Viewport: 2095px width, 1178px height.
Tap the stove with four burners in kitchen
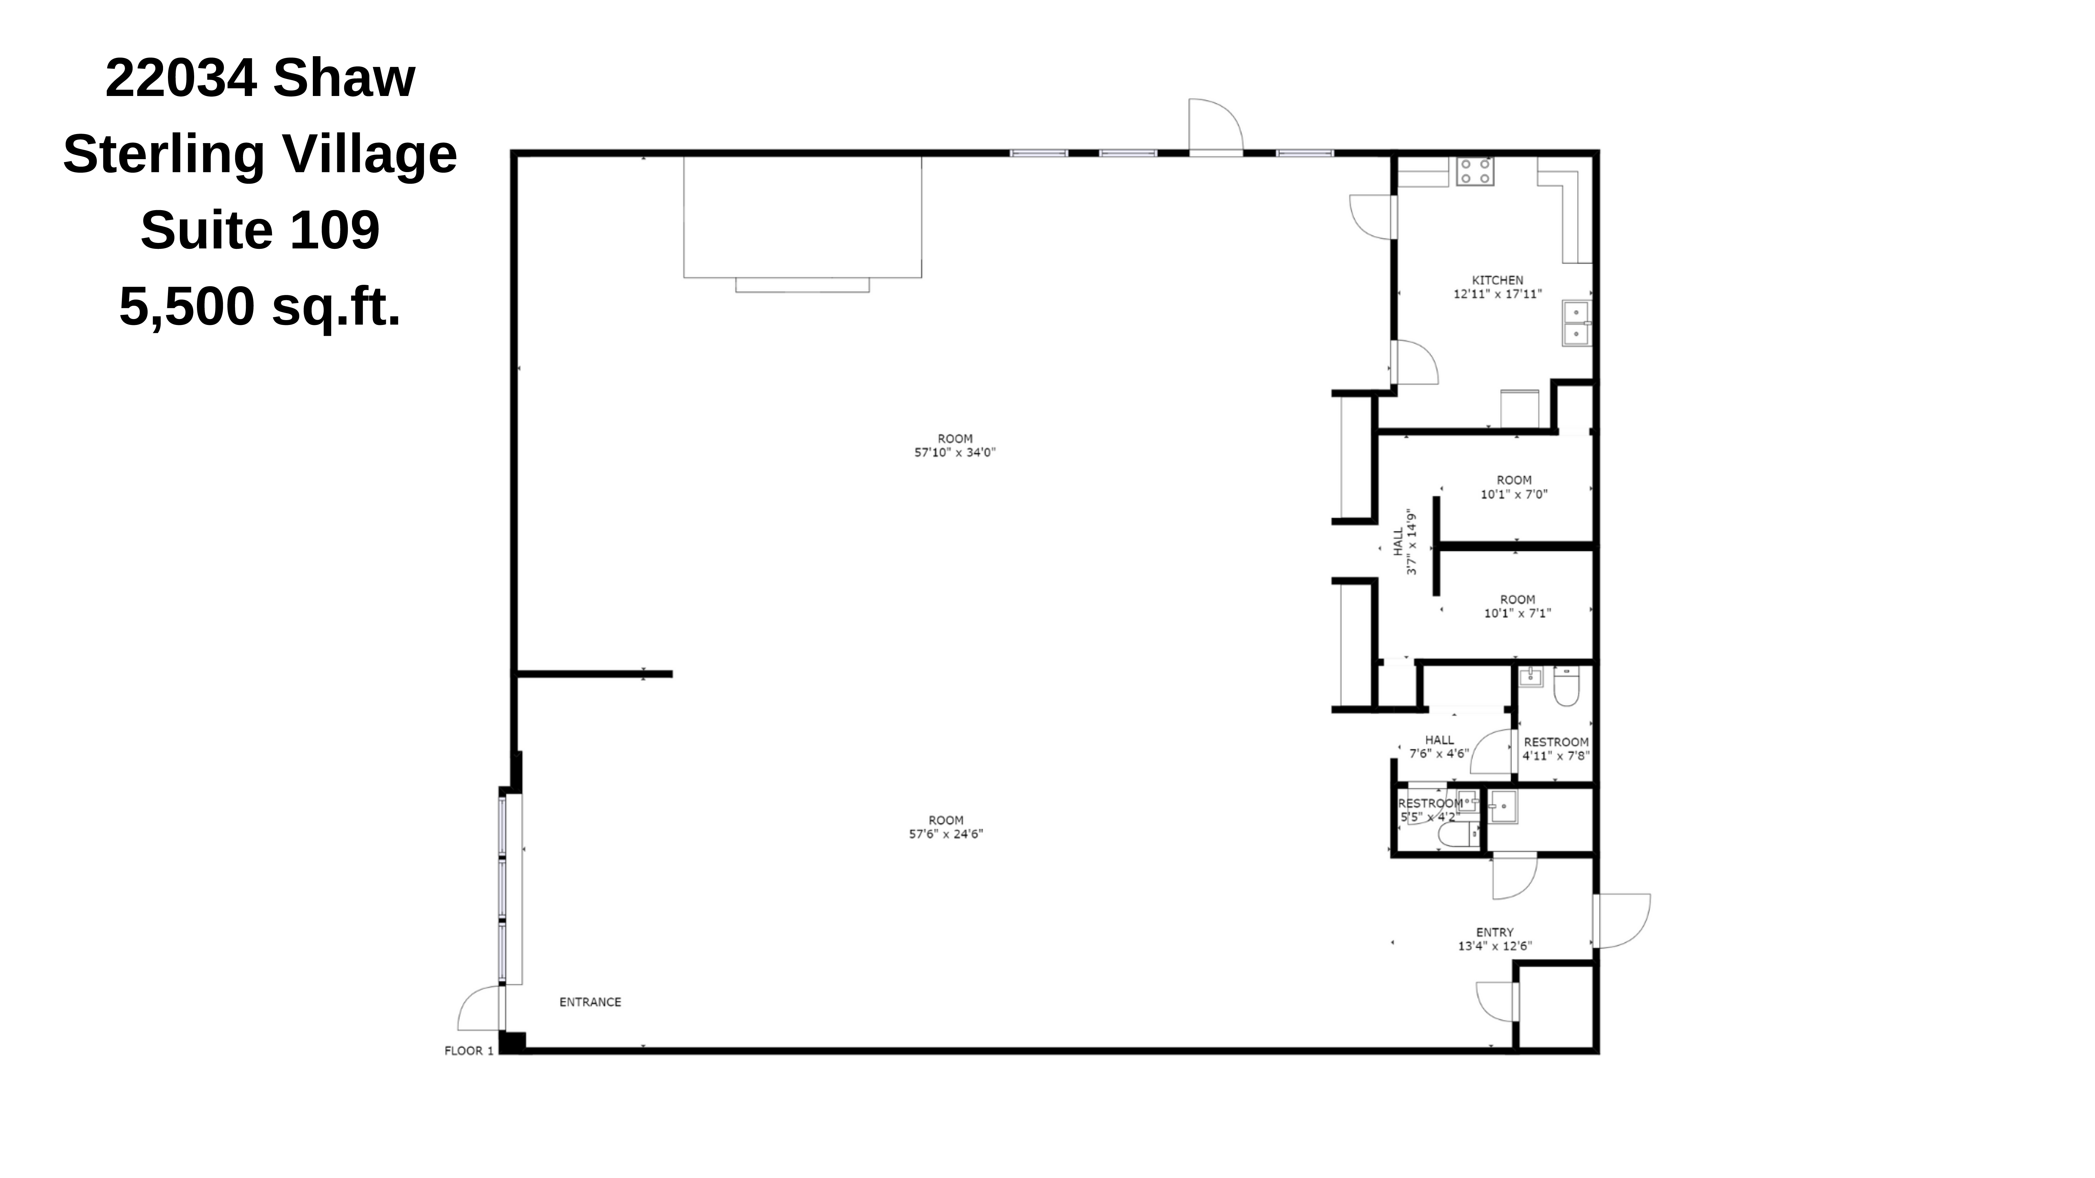point(1475,171)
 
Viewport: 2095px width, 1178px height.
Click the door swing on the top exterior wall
point(1215,126)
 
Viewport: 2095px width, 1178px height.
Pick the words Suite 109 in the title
point(260,230)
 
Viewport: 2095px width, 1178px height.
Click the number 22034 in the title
point(181,78)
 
